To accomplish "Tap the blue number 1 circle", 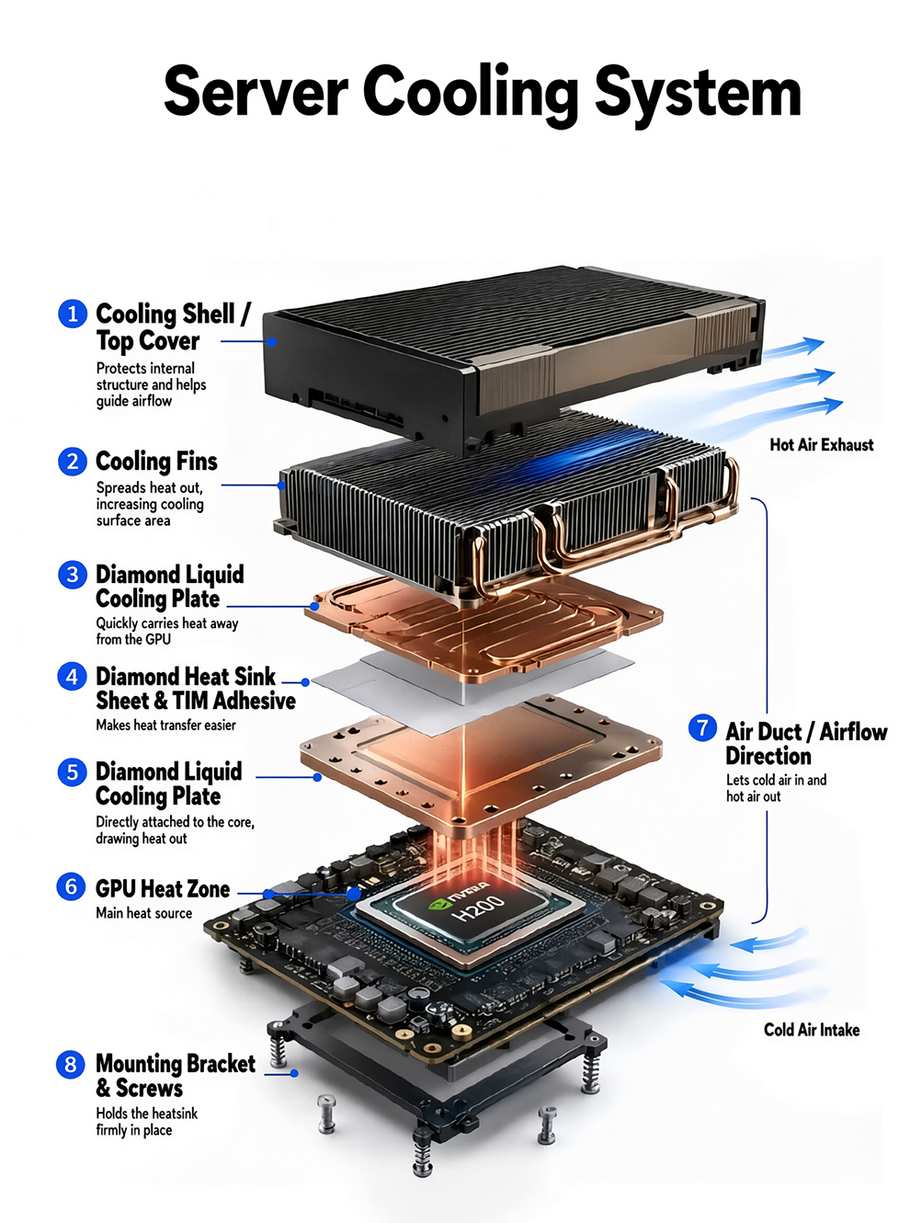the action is (73, 314).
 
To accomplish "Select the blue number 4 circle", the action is (73, 677).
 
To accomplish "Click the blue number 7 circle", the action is (703, 727).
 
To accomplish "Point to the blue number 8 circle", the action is (71, 1064).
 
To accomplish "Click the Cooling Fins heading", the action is (156, 461).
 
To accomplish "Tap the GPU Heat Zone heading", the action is (163, 888).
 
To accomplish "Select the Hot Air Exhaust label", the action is (821, 444).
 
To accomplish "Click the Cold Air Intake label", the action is (812, 1030).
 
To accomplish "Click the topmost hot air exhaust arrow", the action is (793, 348).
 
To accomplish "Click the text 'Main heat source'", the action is (144, 913).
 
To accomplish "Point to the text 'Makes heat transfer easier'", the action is (165, 725).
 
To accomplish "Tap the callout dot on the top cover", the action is (272, 342).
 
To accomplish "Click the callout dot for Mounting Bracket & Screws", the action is (294, 1073).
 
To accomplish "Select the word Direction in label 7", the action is (768, 756).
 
